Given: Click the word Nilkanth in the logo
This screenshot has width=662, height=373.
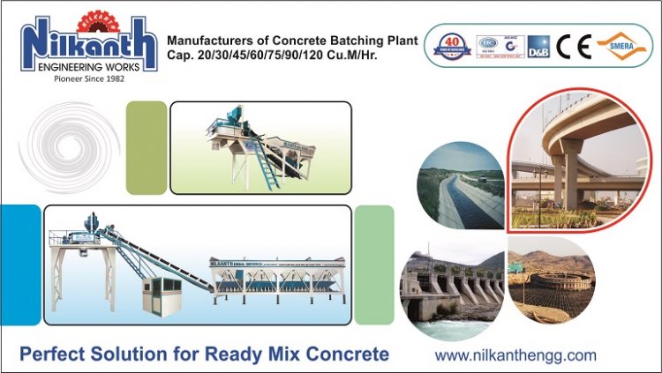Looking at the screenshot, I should click(x=87, y=45).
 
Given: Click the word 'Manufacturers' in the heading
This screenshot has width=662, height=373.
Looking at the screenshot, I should click(x=211, y=41).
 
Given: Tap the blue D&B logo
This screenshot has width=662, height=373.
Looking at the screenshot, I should click(x=538, y=47).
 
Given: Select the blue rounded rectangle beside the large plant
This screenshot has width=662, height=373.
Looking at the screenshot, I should click(x=19, y=265).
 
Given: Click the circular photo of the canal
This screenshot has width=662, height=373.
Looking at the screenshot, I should click(x=462, y=187).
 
